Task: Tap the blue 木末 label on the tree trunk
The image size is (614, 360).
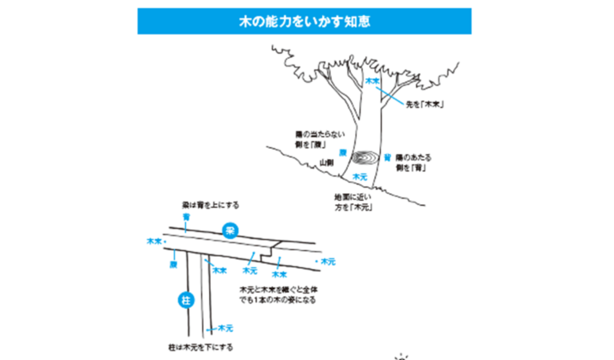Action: pyautogui.click(x=372, y=81)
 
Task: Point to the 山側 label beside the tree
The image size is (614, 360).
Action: pyautogui.click(x=326, y=162)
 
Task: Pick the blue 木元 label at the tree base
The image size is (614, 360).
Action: pyautogui.click(x=360, y=177)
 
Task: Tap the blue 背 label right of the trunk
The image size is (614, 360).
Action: pyautogui.click(x=387, y=157)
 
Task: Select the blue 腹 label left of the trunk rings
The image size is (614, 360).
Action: pyautogui.click(x=342, y=153)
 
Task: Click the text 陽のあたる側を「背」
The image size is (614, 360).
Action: pyautogui.click(x=413, y=163)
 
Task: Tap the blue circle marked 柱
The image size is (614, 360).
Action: pyautogui.click(x=186, y=300)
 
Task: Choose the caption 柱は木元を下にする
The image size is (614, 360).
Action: pyautogui.click(x=200, y=347)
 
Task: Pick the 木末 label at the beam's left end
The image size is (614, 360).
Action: pyautogui.click(x=154, y=241)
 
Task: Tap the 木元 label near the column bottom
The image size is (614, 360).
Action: pyautogui.click(x=225, y=328)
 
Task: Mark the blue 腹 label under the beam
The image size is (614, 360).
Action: pyautogui.click(x=173, y=264)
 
